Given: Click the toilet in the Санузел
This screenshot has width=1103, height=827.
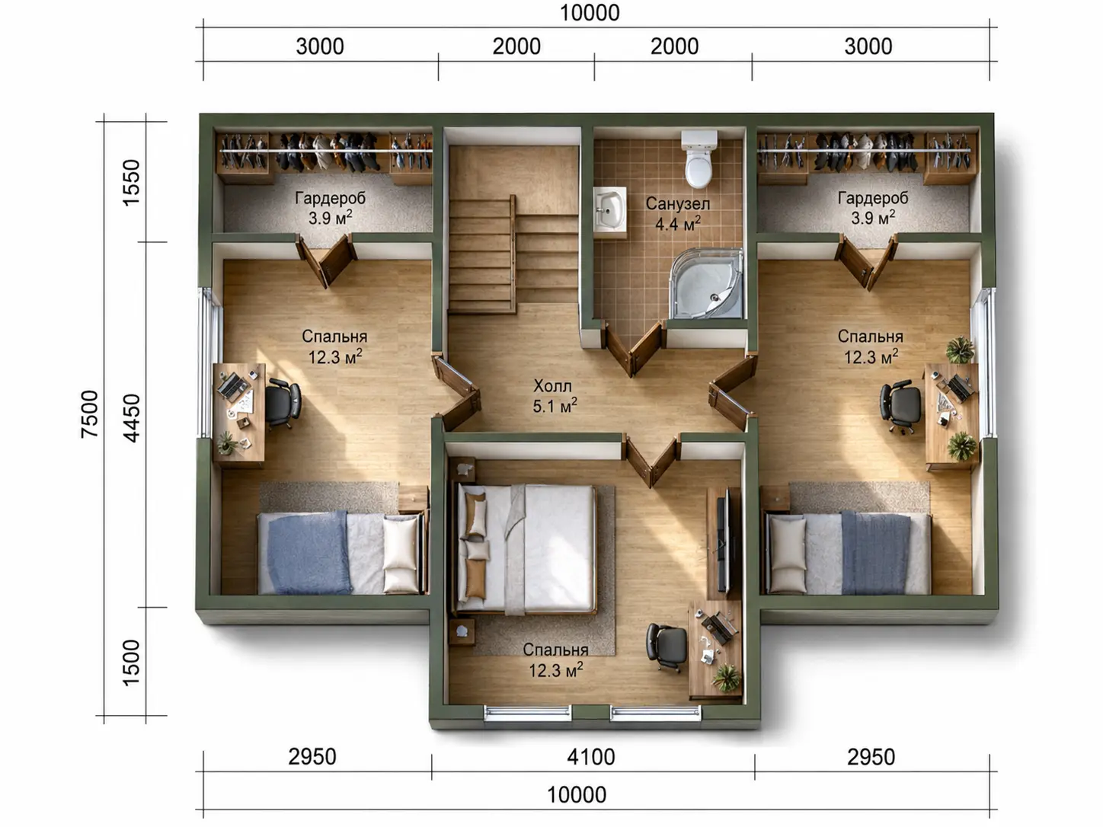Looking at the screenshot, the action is [699, 160].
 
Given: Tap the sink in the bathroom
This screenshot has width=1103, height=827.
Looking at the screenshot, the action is [609, 209].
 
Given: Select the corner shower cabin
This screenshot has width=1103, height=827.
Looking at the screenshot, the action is [706, 283].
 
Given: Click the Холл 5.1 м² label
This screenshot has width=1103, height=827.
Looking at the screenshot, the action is [555, 396].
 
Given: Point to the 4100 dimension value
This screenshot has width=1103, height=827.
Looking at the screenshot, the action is [591, 757].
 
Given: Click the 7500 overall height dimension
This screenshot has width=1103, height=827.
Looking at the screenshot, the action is [90, 414].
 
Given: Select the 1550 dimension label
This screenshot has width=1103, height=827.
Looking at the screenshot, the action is [132, 183].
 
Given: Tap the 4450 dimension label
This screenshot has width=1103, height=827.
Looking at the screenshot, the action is [132, 418].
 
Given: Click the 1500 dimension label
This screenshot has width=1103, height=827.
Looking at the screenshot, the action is [132, 663].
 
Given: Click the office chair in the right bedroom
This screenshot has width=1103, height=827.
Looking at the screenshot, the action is [900, 407].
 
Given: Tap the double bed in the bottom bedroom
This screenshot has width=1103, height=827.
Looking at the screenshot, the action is [525, 549].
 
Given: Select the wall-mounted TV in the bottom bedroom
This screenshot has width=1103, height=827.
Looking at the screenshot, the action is [724, 539].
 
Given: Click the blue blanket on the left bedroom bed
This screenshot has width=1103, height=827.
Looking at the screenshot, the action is [308, 552].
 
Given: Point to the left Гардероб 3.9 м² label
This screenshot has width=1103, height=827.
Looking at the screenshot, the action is [330, 208].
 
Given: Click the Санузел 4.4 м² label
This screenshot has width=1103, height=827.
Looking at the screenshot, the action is [678, 213].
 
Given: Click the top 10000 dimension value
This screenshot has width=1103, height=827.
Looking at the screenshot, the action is [590, 13].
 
